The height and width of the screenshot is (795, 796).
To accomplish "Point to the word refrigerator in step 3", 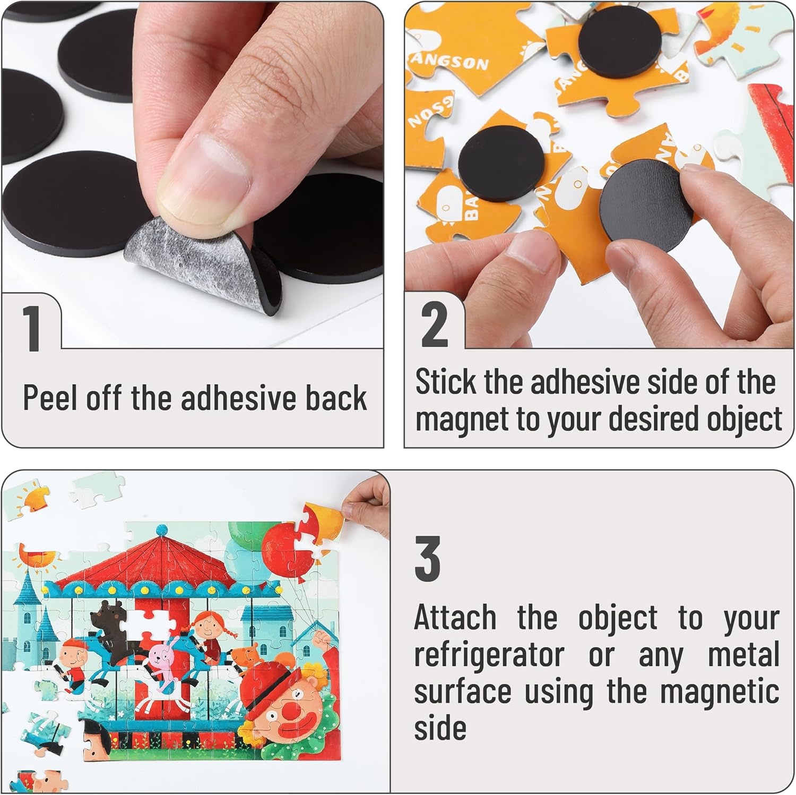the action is [x=489, y=655].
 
